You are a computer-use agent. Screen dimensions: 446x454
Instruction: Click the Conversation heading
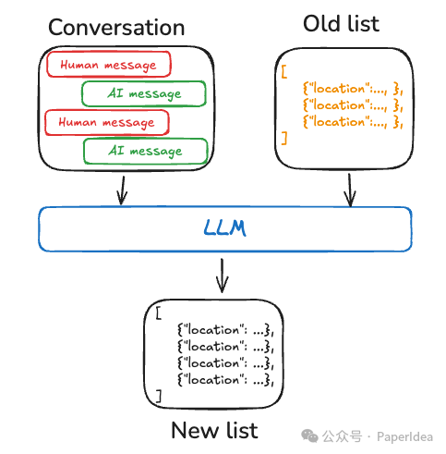pyautogui.click(x=116, y=28)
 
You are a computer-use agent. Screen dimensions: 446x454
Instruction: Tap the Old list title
pyautogui.click(x=341, y=24)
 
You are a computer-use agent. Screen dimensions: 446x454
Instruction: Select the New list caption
pyautogui.click(x=214, y=430)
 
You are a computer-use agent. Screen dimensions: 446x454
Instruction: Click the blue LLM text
pyautogui.click(x=225, y=228)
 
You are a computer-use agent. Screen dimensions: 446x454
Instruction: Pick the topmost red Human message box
pyautogui.click(x=109, y=64)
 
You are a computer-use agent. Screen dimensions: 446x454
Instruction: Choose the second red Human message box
pyautogui.click(x=107, y=122)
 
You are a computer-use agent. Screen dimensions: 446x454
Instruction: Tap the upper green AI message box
pyautogui.click(x=144, y=93)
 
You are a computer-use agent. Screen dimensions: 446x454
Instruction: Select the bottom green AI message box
pyautogui.click(x=146, y=151)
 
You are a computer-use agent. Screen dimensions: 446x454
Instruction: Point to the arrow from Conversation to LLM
pyautogui.click(x=123, y=190)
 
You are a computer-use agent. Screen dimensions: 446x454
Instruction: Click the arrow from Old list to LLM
pyautogui.click(x=350, y=190)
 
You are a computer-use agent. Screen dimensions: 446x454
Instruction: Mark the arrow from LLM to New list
pyautogui.click(x=222, y=276)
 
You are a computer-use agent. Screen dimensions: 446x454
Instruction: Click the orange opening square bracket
pyautogui.click(x=284, y=71)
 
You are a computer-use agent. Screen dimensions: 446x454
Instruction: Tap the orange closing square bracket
pyautogui.click(x=284, y=138)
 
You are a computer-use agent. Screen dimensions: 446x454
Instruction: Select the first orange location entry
pyautogui.click(x=353, y=89)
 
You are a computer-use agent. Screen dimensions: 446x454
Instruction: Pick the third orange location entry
pyautogui.click(x=353, y=122)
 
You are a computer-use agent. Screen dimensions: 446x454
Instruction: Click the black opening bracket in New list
pyautogui.click(x=159, y=313)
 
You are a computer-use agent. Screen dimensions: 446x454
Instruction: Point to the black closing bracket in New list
pyautogui.click(x=159, y=396)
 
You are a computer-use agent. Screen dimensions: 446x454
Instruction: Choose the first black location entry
pyautogui.click(x=225, y=330)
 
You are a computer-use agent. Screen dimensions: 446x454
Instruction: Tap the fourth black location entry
pyautogui.click(x=225, y=380)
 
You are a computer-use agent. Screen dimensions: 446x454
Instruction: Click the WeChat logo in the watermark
pyautogui.click(x=309, y=436)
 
